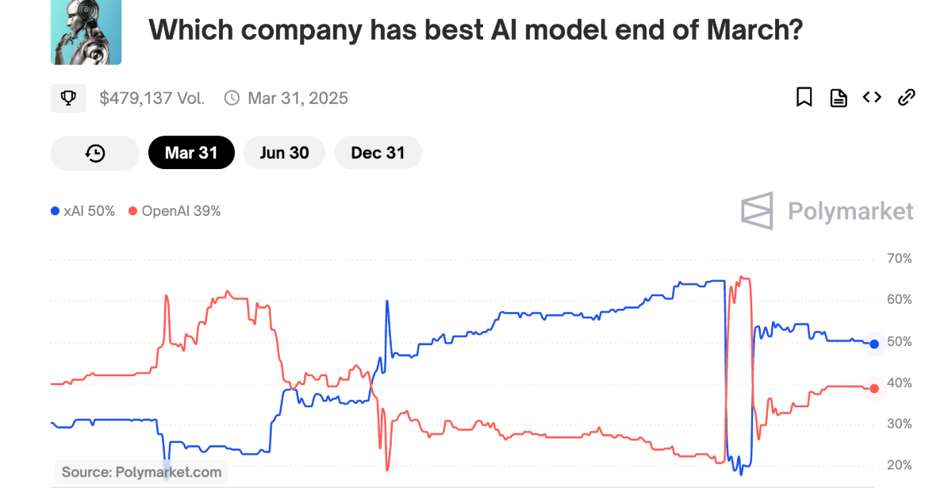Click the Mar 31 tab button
click(x=191, y=153)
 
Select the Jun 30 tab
click(x=284, y=153)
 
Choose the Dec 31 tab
click(x=378, y=153)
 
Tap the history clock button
click(x=95, y=153)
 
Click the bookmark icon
click(x=804, y=98)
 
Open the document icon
click(x=838, y=98)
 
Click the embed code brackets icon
click(x=872, y=98)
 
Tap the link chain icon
click(x=906, y=98)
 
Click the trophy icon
click(x=68, y=98)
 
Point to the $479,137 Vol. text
click(x=152, y=98)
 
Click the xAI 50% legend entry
click(x=83, y=211)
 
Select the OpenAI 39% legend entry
click(x=175, y=211)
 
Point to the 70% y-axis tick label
click(x=899, y=259)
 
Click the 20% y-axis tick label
click(x=899, y=465)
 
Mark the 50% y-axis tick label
click(x=899, y=342)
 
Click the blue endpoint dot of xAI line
click(x=874, y=344)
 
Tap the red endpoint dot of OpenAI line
click(x=874, y=388)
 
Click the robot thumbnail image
click(x=86, y=33)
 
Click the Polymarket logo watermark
click(x=827, y=211)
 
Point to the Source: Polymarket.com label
click(x=142, y=472)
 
